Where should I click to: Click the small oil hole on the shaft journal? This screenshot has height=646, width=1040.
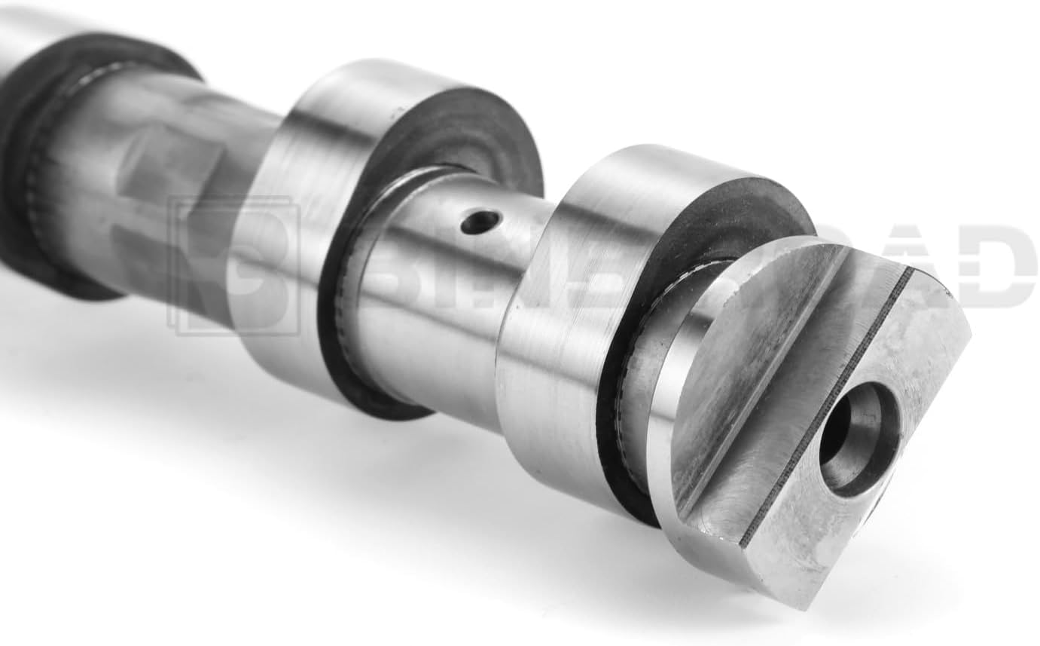(480, 222)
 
